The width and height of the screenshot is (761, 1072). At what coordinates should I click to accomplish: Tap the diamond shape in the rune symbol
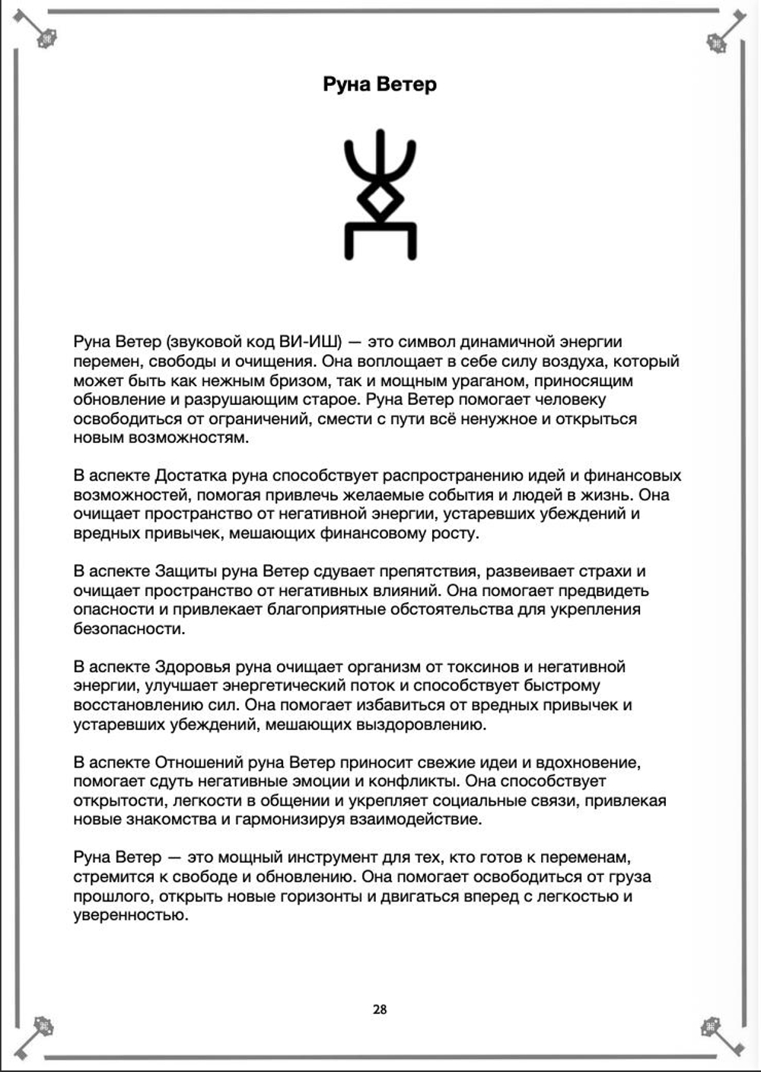pyautogui.click(x=380, y=199)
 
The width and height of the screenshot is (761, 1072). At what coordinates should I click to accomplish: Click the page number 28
pyautogui.click(x=380, y=1010)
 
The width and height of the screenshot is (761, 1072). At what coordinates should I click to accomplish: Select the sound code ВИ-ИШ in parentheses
pyautogui.click(x=311, y=342)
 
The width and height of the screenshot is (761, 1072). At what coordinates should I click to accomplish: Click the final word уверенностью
pyautogui.click(x=130, y=915)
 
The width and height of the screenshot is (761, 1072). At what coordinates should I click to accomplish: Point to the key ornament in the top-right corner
pyautogui.click(x=724, y=34)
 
